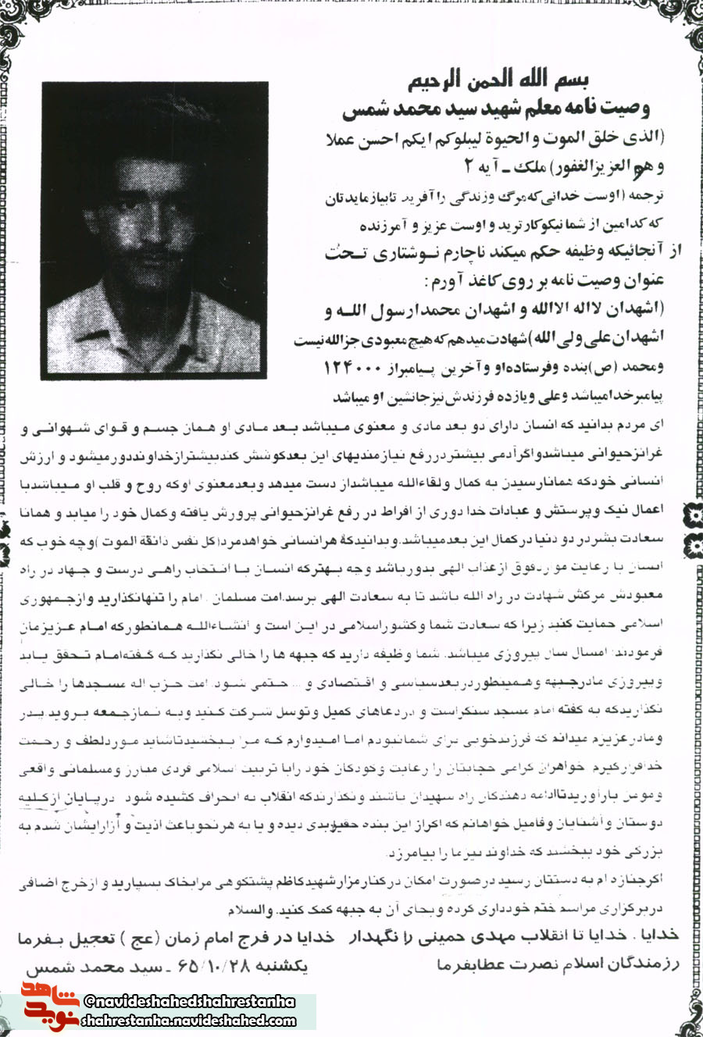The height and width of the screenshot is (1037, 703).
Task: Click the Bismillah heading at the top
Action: (498, 80)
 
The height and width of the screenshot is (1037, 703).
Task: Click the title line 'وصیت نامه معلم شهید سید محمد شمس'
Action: (496, 108)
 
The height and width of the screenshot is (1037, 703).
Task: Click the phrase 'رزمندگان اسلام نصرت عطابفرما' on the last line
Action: (558, 964)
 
